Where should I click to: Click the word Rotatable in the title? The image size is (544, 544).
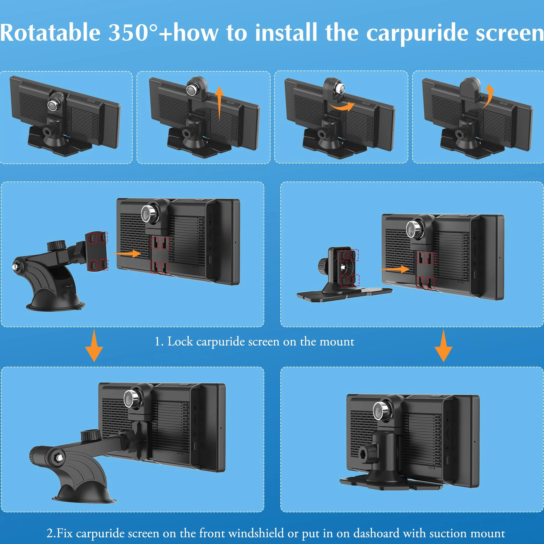50,33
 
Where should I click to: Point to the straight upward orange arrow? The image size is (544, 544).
219,103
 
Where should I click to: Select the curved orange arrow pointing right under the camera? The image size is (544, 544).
341,106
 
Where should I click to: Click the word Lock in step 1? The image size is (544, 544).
180,342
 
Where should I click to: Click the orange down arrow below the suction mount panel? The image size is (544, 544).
94,346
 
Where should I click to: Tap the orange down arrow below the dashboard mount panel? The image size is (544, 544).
444,346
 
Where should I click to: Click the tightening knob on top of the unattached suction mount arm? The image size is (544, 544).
56,245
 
